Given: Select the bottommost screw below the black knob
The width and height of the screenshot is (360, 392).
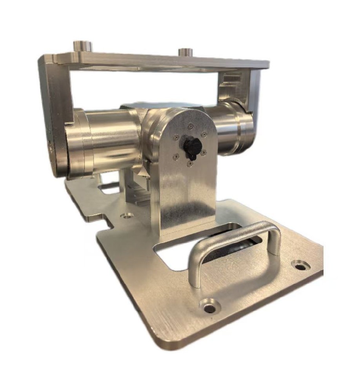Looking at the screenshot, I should (x=190, y=164).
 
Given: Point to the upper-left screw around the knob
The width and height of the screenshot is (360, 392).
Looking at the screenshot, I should (x=176, y=138).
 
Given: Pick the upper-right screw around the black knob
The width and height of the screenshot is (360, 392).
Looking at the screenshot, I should (x=204, y=134).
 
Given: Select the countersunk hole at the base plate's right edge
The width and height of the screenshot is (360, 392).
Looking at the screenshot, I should (x=300, y=267).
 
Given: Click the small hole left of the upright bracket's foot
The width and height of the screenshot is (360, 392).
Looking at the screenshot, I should (x=127, y=215).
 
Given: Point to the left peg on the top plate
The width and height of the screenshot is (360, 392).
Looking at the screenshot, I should (x=83, y=46).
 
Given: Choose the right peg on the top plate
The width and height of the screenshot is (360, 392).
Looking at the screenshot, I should (x=185, y=52).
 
